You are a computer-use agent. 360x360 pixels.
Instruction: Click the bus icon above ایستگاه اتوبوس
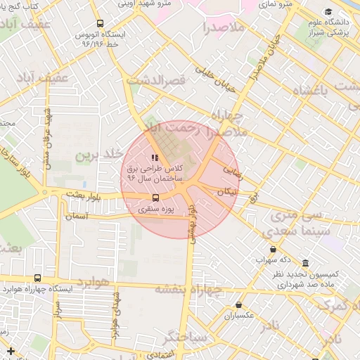coord(99,23)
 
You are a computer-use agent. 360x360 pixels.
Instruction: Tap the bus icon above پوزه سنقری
coord(155,198)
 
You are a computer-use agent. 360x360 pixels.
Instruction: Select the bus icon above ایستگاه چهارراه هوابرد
coord(37,278)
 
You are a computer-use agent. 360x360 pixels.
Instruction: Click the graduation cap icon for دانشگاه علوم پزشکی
coord(328,12)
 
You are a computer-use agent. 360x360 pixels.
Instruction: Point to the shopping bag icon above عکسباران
coord(239,305)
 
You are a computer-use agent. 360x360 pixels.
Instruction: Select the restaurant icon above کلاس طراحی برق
coord(155,157)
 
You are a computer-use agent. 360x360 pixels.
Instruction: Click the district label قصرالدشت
coord(155,82)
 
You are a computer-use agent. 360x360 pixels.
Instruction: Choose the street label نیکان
coord(229,191)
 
